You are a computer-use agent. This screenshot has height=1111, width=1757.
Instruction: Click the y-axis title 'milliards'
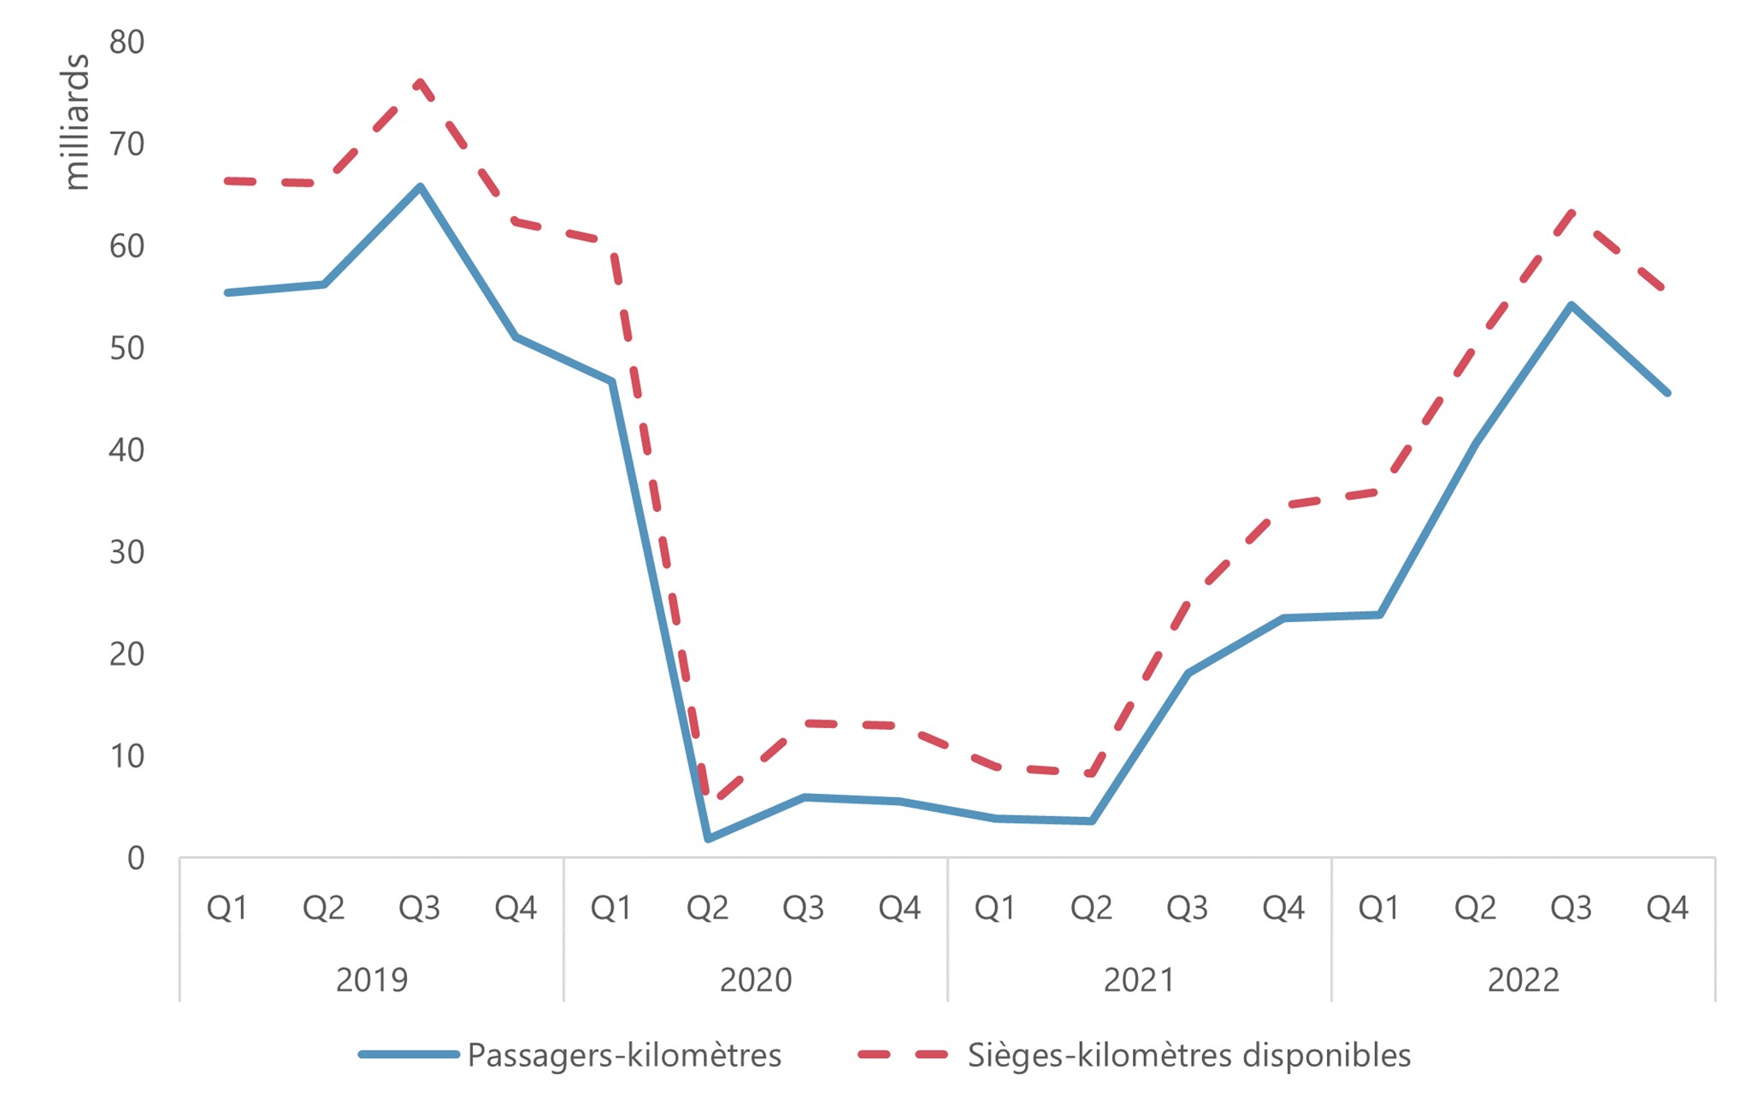click(x=77, y=121)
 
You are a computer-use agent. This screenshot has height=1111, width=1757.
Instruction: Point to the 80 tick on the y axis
click(x=127, y=42)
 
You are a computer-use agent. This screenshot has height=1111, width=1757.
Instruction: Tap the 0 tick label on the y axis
click(x=136, y=858)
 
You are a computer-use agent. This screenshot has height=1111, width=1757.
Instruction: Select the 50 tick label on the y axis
click(x=127, y=348)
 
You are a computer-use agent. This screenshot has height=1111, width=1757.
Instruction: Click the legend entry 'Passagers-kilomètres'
click(x=624, y=1055)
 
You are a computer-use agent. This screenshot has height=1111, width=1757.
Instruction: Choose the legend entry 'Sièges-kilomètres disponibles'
click(x=1188, y=1055)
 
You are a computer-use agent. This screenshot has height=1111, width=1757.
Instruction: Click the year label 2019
click(x=371, y=979)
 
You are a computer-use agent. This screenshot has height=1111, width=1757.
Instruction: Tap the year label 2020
click(x=755, y=979)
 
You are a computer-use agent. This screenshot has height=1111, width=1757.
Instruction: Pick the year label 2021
click(x=1139, y=979)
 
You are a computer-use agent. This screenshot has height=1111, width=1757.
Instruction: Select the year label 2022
click(x=1523, y=979)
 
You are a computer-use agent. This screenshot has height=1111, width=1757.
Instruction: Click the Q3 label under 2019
click(x=419, y=908)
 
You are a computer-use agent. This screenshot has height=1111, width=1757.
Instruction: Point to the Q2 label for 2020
click(x=707, y=908)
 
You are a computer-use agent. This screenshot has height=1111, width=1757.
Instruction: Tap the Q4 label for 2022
click(x=1667, y=908)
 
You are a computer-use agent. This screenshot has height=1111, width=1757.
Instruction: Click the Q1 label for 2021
click(x=995, y=908)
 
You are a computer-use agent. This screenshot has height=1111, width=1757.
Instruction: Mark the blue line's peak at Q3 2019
click(x=420, y=186)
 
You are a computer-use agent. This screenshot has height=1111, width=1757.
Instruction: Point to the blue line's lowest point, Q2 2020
click(x=708, y=838)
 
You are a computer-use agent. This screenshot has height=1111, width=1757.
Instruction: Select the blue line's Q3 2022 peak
click(x=1571, y=305)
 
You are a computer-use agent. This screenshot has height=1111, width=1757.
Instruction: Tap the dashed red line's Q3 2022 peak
click(x=1571, y=211)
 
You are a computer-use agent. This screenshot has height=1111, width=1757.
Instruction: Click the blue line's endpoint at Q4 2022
click(x=1667, y=393)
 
